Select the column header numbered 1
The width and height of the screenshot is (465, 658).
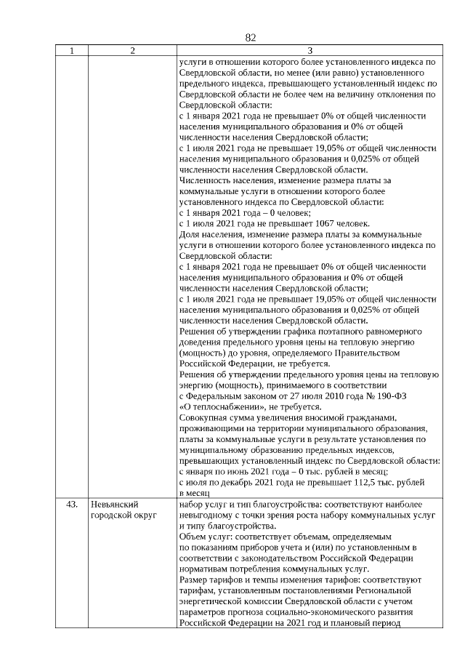(x=71, y=51)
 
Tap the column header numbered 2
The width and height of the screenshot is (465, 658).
(x=132, y=51)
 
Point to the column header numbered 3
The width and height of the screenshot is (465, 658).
(x=310, y=51)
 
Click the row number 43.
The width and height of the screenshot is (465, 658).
(x=71, y=504)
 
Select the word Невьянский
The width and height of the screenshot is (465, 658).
(x=115, y=504)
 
